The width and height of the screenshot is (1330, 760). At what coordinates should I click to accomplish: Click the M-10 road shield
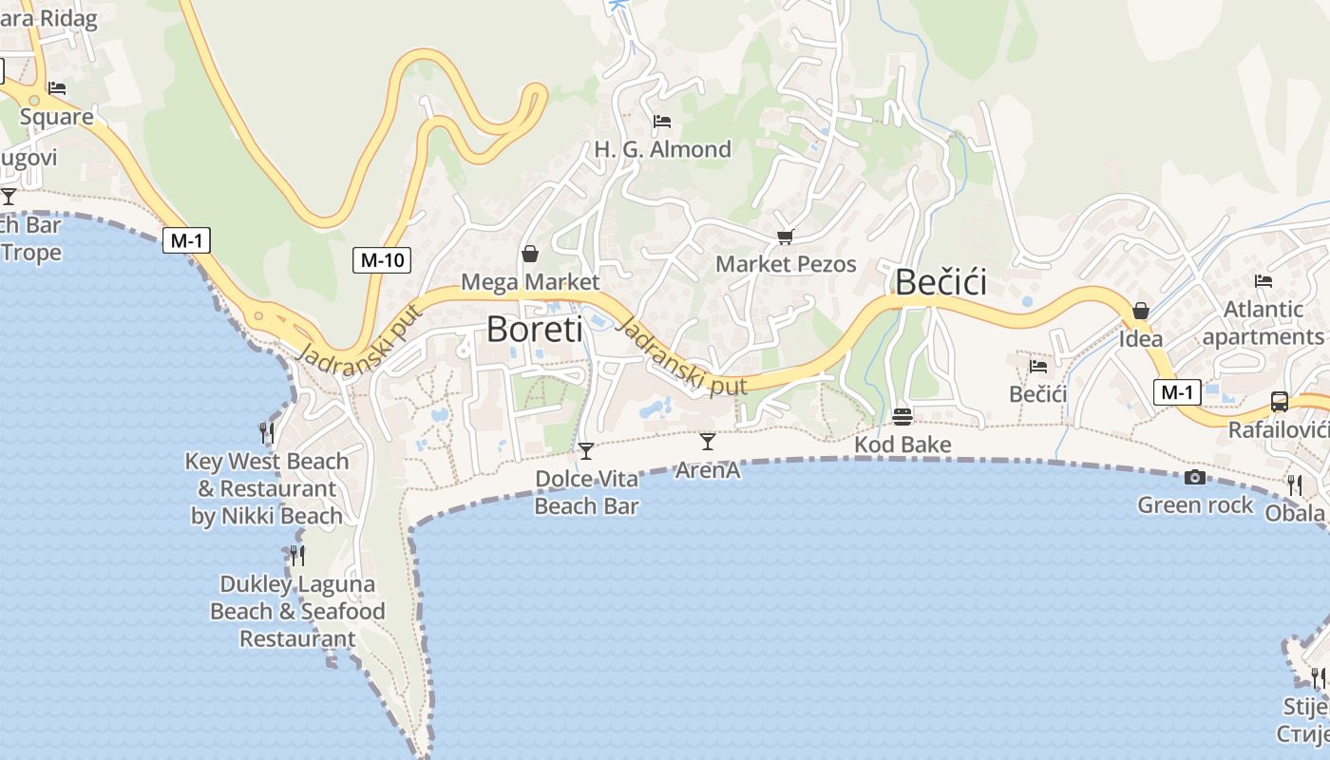tap(382, 259)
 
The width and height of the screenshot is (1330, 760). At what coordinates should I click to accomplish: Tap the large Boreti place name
tap(534, 329)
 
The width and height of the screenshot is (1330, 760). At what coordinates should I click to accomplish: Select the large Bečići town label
tap(940, 282)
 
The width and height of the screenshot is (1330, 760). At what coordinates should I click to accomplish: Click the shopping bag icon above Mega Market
tap(530, 254)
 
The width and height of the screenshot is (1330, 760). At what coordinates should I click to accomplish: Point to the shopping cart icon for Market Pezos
tap(785, 237)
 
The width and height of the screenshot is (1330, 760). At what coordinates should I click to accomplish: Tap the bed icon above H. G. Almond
tap(662, 122)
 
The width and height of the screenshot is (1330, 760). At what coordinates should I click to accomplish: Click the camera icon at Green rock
tap(1195, 477)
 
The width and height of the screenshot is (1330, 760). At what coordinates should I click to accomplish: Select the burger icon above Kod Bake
tap(902, 416)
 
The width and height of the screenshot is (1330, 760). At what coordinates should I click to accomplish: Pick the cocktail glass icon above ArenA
tap(707, 441)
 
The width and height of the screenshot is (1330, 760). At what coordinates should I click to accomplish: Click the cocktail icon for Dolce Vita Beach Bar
tap(586, 450)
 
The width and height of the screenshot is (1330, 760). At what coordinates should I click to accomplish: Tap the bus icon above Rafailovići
tap(1280, 401)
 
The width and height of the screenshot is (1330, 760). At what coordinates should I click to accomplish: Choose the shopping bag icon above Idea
tap(1141, 311)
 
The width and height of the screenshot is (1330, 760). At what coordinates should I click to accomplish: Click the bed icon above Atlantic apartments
tap(1263, 281)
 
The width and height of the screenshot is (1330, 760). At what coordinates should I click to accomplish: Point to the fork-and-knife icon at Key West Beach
tap(267, 433)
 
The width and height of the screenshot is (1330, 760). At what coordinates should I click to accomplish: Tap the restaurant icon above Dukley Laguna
tap(297, 555)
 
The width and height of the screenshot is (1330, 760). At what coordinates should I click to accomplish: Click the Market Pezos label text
tap(786, 264)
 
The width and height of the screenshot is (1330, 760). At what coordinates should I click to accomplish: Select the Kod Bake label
tap(902, 445)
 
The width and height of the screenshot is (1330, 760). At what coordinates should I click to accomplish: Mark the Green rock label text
tap(1195, 505)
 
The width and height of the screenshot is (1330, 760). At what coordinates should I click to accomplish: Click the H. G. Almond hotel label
tap(662, 149)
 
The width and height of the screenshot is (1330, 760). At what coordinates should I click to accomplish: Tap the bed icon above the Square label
tap(57, 88)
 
